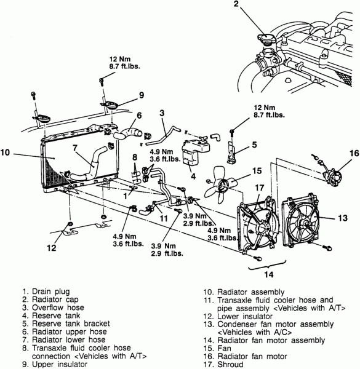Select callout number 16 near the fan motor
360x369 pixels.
pyautogui.click(x=353, y=153)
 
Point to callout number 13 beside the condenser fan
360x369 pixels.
pyautogui.click(x=341, y=217)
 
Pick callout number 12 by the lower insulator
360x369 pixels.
pyautogui.click(x=52, y=248)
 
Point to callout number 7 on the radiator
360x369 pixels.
pyautogui.click(x=74, y=148)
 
